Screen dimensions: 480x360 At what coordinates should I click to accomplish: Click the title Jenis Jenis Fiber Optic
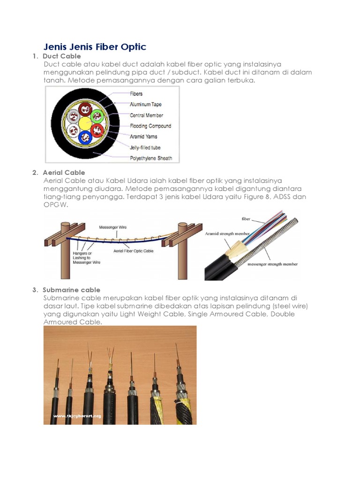pos(95,47)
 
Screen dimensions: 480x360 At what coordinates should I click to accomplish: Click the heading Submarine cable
pos(71,290)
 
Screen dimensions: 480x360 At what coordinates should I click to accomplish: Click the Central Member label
pos(146,115)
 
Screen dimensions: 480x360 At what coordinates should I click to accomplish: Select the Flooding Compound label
pos(150,126)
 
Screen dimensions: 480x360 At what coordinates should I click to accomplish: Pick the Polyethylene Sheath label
pos(151,158)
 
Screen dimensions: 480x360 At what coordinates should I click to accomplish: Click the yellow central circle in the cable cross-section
pos(86,123)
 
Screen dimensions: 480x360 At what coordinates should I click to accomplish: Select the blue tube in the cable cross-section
pos(86,137)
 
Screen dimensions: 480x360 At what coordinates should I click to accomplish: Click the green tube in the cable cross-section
pos(97,116)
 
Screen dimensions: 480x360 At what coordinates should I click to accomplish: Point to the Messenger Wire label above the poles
pos(112,227)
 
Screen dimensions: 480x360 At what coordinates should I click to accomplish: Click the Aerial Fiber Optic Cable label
pos(134,251)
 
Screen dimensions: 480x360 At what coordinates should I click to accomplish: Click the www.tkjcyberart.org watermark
pos(77,415)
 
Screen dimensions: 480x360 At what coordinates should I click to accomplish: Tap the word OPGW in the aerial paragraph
pos(54,204)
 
